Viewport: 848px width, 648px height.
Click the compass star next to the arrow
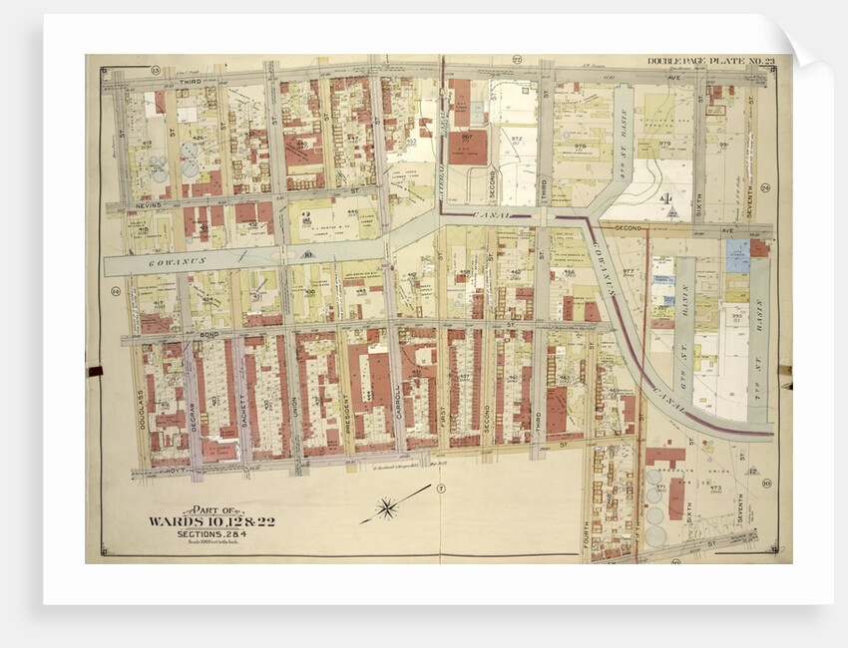point(387,509)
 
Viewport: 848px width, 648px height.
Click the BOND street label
point(209,334)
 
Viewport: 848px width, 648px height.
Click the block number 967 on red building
point(466,139)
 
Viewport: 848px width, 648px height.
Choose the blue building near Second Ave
point(737,255)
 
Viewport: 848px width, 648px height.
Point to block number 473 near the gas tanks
point(714,487)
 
